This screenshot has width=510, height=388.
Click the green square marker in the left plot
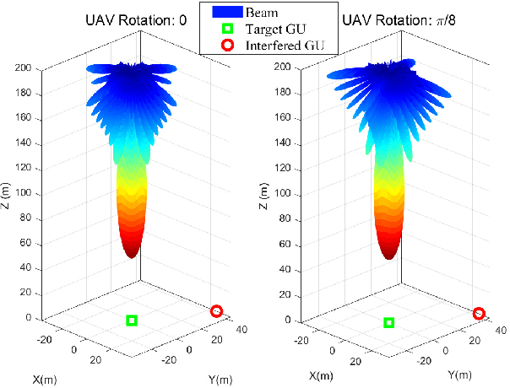[x=132, y=320]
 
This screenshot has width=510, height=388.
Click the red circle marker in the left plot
[x=216, y=311]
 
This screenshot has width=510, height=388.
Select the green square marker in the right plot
[x=389, y=322]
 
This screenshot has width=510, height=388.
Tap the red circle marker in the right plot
[x=479, y=313]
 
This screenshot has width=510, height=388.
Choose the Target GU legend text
[x=277, y=28]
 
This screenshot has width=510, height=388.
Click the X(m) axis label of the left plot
[x=49, y=379]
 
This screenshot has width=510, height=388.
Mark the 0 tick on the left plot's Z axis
[x=37, y=317]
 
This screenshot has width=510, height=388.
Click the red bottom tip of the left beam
[x=132, y=254]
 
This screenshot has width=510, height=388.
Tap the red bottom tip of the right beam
[x=390, y=256]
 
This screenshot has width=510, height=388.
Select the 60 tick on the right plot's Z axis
[x=293, y=245]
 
